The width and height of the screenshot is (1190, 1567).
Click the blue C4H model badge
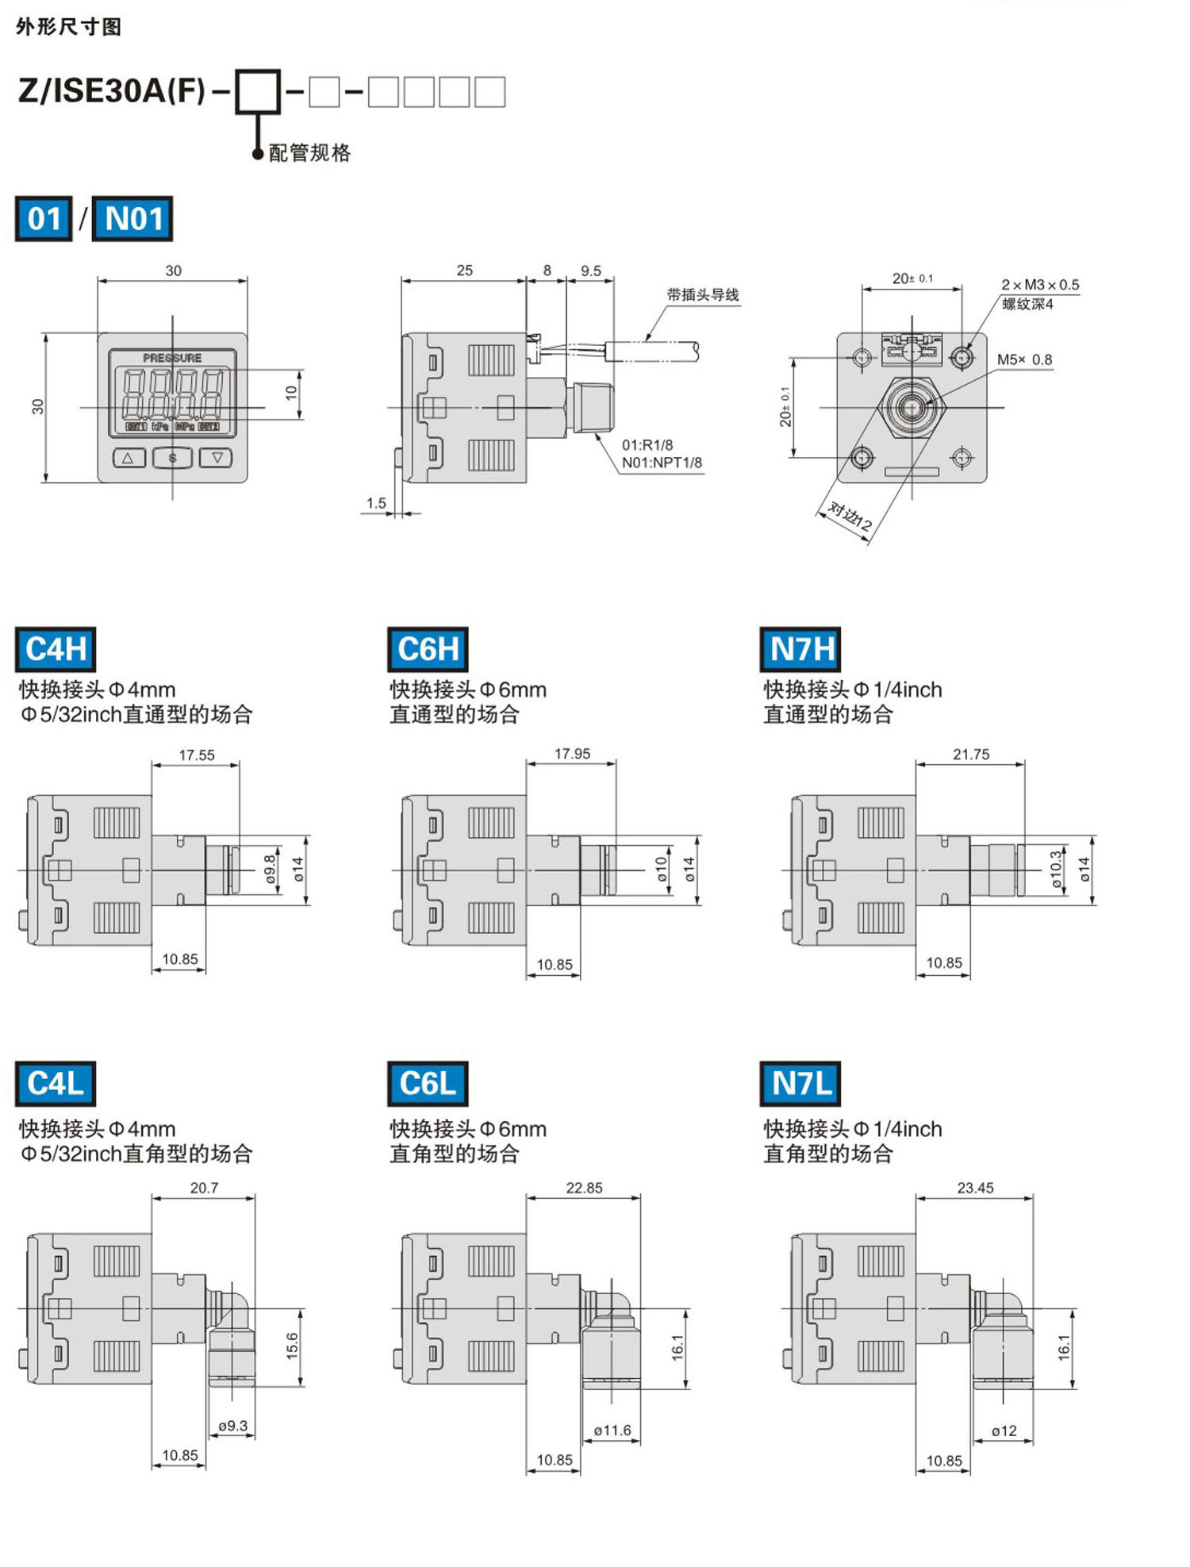click(x=56, y=648)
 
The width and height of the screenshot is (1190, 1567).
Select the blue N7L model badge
click(x=800, y=1082)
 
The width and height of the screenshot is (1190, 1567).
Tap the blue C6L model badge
click(x=428, y=1082)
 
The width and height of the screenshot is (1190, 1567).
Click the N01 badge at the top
click(x=132, y=219)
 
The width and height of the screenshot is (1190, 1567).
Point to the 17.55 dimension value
click(x=196, y=755)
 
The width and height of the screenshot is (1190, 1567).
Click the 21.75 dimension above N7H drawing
click(x=970, y=754)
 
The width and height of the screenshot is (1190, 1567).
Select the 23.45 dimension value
click(x=974, y=1187)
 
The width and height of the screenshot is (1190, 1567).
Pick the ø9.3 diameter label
click(x=232, y=1425)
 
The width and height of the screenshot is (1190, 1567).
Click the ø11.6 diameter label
click(x=612, y=1430)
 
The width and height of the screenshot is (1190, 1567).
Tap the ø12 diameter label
click(x=1004, y=1431)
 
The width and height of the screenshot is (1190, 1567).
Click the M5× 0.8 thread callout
click(x=1024, y=359)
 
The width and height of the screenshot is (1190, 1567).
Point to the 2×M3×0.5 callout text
click(x=1039, y=285)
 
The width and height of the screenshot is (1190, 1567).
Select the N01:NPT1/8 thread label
click(x=662, y=463)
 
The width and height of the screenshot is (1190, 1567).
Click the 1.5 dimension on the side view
click(x=376, y=503)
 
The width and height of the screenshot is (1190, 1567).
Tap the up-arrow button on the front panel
click(x=129, y=458)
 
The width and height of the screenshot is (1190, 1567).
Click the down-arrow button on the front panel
click(x=216, y=458)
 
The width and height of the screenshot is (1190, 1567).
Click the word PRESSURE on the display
click(x=172, y=358)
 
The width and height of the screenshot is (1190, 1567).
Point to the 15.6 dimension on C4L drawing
click(x=292, y=1346)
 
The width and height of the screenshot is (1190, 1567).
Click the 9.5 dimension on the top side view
click(x=590, y=271)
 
